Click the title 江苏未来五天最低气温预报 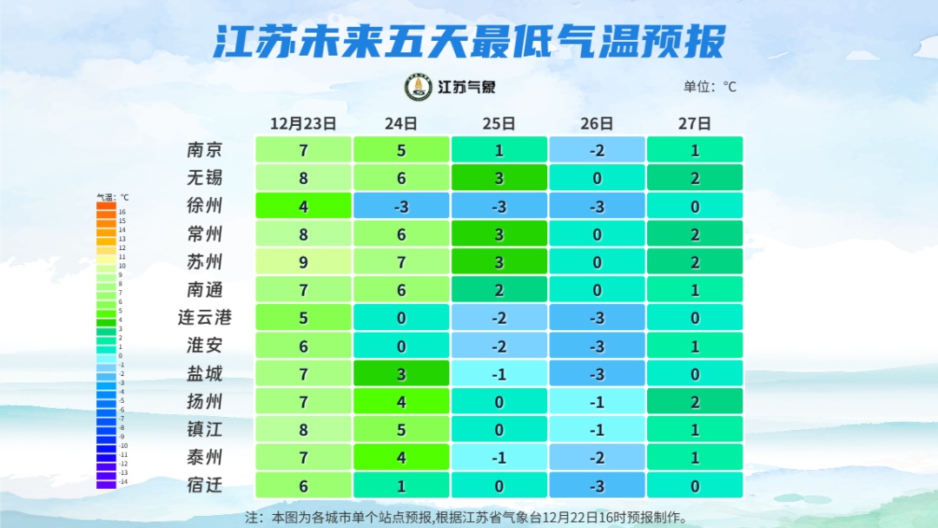point(469,42)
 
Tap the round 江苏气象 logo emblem point(419,87)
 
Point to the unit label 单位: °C point(710,87)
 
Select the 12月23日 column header point(303,123)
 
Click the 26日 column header point(597,123)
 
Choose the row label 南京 point(205,149)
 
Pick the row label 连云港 point(205,317)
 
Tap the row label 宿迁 point(205,485)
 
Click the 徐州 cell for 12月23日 point(303,206)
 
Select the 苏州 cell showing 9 point(303,261)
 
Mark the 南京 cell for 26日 point(597,149)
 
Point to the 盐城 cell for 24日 point(401,373)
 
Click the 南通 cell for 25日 point(499,289)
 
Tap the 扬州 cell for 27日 point(695,401)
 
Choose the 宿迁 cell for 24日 point(401,485)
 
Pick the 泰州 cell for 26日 point(597,457)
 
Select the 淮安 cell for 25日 point(499,346)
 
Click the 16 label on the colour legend point(122,212)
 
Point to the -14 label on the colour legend point(122,481)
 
